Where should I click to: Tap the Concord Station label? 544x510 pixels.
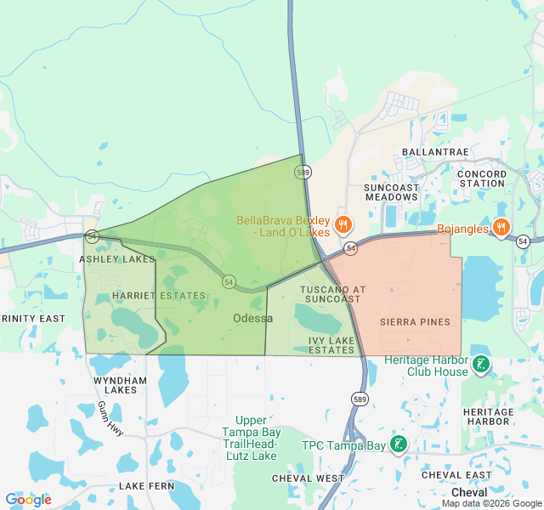[482, 178]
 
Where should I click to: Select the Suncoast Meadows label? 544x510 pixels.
[391, 191]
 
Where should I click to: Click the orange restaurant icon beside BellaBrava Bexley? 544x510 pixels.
[343, 225]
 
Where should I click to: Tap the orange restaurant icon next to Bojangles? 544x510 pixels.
[501, 228]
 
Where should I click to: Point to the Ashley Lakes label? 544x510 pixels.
[117, 258]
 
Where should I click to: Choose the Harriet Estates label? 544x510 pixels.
[159, 296]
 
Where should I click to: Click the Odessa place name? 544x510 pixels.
[253, 318]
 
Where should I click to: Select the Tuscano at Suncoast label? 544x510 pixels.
[332, 294]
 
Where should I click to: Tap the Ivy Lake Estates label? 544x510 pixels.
[331, 344]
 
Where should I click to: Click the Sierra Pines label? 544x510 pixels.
[415, 322]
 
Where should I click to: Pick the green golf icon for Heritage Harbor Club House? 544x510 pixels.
[481, 365]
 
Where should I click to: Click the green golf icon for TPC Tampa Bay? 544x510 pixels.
[398, 444]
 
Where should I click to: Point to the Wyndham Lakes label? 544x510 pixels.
[115, 385]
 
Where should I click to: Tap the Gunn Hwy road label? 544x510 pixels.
[110, 418]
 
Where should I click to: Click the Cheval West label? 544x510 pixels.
[308, 479]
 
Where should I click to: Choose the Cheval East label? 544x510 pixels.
[456, 475]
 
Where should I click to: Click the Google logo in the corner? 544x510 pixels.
[29, 500]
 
